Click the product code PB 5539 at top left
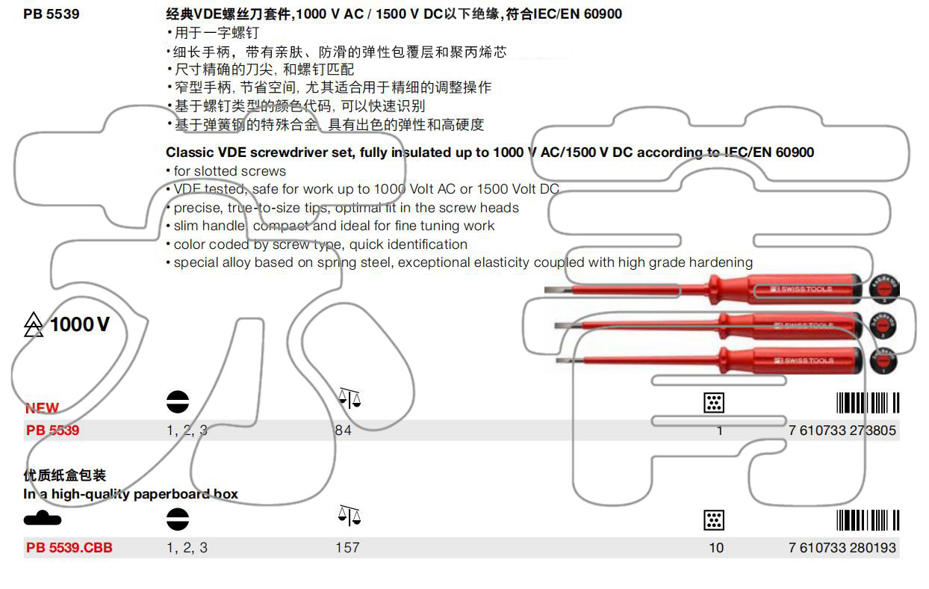coord(51,13)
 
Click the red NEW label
coord(42,408)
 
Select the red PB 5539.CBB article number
coord(69,548)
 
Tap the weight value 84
coord(343,431)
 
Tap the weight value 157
coord(347,548)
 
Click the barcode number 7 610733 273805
coord(842,431)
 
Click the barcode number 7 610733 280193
coord(842,548)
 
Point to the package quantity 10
coord(716,548)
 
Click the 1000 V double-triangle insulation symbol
coord(34,324)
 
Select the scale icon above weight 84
coord(349,398)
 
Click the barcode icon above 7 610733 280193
coord(867,520)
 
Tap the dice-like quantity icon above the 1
coord(714,403)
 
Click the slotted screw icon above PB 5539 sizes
coord(178,402)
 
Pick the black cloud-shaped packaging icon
coord(43,518)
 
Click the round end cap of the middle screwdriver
coord(883,325)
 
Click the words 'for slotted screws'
coord(229,171)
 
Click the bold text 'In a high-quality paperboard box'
coord(131,494)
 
